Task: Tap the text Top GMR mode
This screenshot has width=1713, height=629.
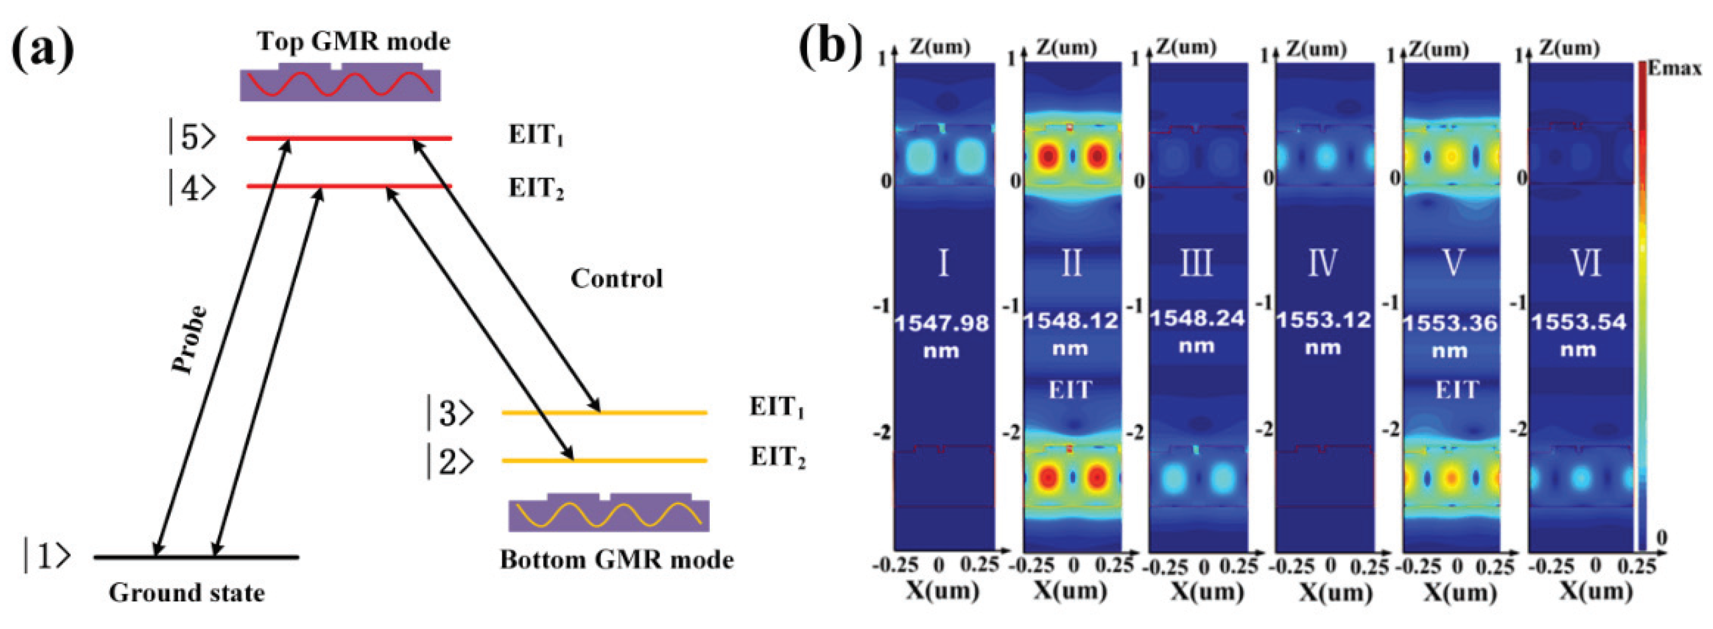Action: point(354,41)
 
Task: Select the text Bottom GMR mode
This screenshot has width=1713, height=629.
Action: point(616,560)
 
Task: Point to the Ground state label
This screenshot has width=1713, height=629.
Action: point(187,592)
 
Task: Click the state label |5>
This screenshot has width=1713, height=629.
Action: point(192,138)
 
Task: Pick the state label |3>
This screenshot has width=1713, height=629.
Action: point(450,413)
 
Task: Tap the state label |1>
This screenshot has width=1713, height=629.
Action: point(46,557)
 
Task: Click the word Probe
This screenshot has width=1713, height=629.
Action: point(190,339)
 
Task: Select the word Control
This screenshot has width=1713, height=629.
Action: point(616,279)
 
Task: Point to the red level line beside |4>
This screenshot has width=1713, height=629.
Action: point(349,186)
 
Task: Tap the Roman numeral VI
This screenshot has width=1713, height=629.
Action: point(1584,263)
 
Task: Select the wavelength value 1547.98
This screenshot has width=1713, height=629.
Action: point(941,323)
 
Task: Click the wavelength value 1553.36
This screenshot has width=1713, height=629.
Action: point(1450,323)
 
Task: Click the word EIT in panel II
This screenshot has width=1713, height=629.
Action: point(1070,390)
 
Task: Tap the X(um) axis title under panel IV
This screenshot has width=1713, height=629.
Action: point(1336,591)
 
